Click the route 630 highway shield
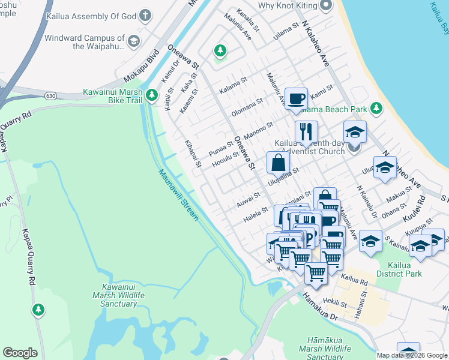click(x=50, y=95)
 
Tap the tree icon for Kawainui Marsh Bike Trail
click(x=152, y=94)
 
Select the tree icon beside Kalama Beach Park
click(x=376, y=108)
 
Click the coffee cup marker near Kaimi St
click(x=295, y=98)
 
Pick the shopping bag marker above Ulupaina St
click(x=278, y=161)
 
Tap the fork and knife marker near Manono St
click(x=306, y=131)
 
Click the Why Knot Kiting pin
click(x=326, y=5)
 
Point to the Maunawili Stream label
click(x=178, y=195)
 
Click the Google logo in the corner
click(x=20, y=353)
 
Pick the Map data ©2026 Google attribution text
click(x=412, y=355)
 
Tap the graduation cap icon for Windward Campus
click(x=133, y=41)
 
